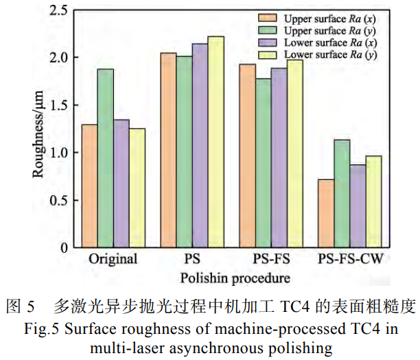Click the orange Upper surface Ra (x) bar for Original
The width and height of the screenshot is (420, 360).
pos(89,185)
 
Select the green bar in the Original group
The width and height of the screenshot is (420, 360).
pos(105,158)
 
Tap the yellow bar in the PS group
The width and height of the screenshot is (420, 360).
pos(215,142)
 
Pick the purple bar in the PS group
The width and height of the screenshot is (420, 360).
pos(200,145)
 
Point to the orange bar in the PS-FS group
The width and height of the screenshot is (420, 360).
pos(247,155)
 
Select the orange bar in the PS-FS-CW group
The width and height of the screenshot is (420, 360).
pos(326,213)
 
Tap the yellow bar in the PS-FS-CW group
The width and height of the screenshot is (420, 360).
pos(373,201)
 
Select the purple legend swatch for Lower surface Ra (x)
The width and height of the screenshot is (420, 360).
pos(268,43)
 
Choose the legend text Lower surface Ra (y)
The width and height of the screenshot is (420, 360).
pos(330,54)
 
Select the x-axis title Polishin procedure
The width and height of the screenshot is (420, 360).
pos(235,279)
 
